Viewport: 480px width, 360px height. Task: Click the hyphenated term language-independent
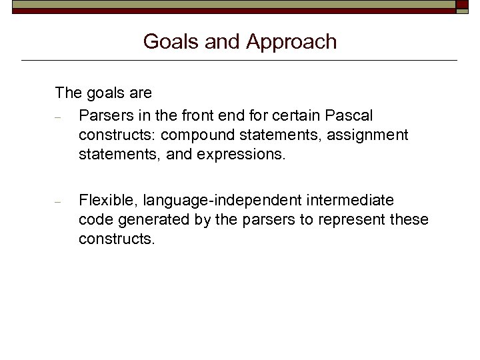pos(223,200)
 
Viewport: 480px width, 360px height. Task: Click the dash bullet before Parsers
pos(59,117)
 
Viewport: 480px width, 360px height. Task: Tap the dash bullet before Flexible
pos(59,201)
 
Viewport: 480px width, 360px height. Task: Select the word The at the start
pos(67,92)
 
